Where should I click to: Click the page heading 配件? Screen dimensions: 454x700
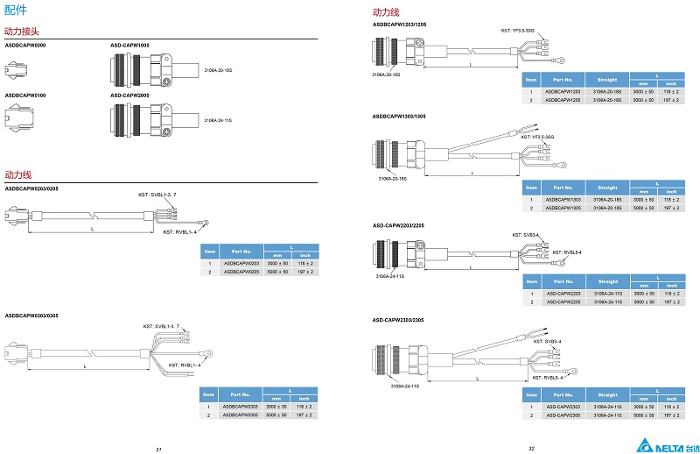point(16,11)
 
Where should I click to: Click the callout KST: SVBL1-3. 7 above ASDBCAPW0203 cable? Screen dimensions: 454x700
point(157,193)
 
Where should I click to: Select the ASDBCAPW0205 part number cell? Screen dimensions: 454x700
point(241,272)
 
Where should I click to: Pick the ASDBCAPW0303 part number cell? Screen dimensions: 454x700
point(240,407)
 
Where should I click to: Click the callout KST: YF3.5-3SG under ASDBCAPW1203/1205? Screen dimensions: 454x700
point(519,30)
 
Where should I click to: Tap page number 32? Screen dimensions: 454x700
point(531,447)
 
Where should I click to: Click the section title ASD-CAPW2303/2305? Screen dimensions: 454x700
point(400,320)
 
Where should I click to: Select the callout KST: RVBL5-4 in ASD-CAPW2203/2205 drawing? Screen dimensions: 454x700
point(566,252)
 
